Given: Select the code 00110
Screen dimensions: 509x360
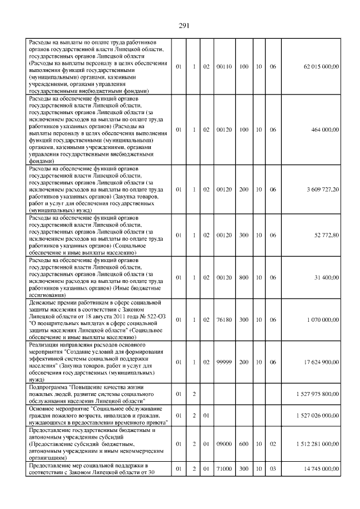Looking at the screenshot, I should tap(224, 66).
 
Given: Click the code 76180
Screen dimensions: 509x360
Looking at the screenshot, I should tap(224, 319).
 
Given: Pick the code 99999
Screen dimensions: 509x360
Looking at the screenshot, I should tap(224, 362).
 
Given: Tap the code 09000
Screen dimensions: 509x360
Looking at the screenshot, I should tap(224, 444).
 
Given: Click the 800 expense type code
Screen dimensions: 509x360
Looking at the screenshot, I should tap(244, 277).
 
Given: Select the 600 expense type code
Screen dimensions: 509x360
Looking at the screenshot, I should tap(244, 444).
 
